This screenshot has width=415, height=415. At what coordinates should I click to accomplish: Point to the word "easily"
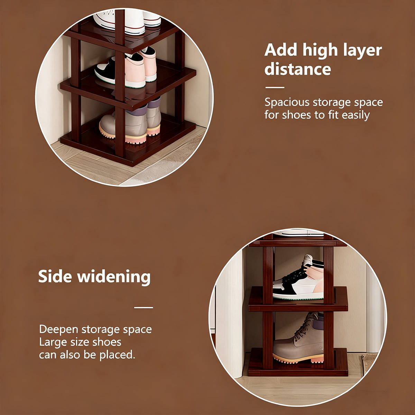(x=356, y=115)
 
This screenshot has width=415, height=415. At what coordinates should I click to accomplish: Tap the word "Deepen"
(x=58, y=330)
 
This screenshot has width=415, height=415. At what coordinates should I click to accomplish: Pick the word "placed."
(x=117, y=354)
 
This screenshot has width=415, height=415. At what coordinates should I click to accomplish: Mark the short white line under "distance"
(x=275, y=87)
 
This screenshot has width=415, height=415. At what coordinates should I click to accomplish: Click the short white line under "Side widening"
(x=144, y=307)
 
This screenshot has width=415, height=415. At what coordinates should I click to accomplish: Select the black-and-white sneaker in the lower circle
(x=298, y=277)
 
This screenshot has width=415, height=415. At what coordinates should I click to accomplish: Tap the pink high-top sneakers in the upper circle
(x=126, y=68)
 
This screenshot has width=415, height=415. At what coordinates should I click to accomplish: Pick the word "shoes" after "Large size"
(x=107, y=342)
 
